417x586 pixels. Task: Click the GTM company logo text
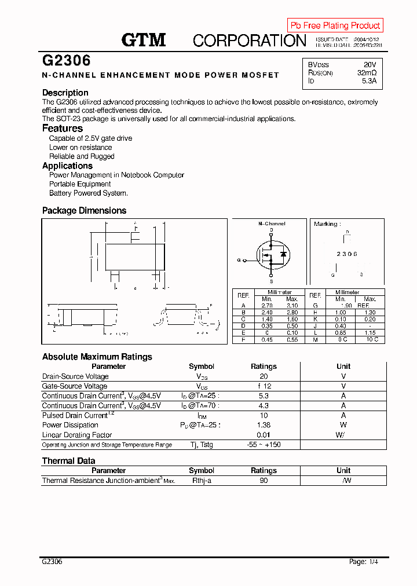pyautogui.click(x=144, y=40)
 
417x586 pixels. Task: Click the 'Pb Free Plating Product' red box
pyautogui.click(x=335, y=25)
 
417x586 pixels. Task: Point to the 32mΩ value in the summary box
pyautogui.click(x=367, y=73)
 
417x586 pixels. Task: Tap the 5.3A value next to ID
pyautogui.click(x=369, y=82)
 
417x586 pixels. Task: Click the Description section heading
pyautogui.click(x=65, y=93)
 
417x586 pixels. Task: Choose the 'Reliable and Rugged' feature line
pyautogui.click(x=82, y=156)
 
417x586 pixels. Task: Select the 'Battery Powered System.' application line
pyautogui.click(x=88, y=193)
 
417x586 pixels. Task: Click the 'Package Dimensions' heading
pyautogui.click(x=84, y=211)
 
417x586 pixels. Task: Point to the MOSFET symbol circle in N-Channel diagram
pyautogui.click(x=272, y=254)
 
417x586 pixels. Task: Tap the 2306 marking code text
pyautogui.click(x=347, y=254)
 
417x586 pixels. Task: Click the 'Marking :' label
pyautogui.click(x=327, y=224)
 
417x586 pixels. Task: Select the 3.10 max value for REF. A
pyautogui.click(x=292, y=305)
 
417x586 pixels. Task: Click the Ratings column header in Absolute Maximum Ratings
pyautogui.click(x=264, y=367)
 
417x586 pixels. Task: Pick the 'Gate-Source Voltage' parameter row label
pyautogui.click(x=75, y=386)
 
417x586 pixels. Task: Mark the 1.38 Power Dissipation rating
pyautogui.click(x=264, y=425)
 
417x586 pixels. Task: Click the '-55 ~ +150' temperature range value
pyautogui.click(x=264, y=445)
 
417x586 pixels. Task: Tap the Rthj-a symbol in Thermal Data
pyautogui.click(x=202, y=481)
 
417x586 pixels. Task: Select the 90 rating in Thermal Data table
pyautogui.click(x=264, y=481)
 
